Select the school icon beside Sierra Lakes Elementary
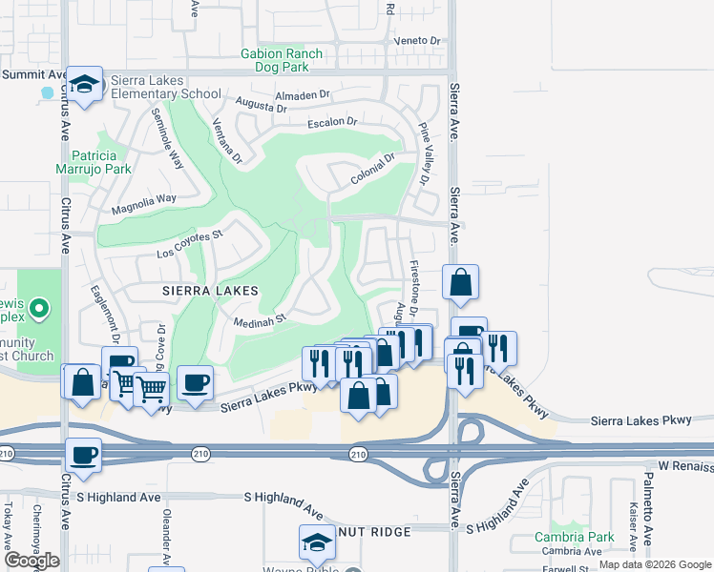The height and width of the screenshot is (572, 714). click(84, 85)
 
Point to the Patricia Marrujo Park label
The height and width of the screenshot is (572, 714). click(100, 162)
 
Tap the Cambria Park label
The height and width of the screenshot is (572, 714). click(574, 537)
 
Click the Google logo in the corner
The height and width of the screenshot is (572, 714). click(31, 561)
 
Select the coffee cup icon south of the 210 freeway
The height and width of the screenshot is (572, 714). click(83, 455)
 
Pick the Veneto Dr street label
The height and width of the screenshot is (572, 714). click(421, 41)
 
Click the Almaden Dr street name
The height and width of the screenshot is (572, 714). click(301, 95)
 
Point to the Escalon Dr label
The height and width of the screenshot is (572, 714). click(331, 123)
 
